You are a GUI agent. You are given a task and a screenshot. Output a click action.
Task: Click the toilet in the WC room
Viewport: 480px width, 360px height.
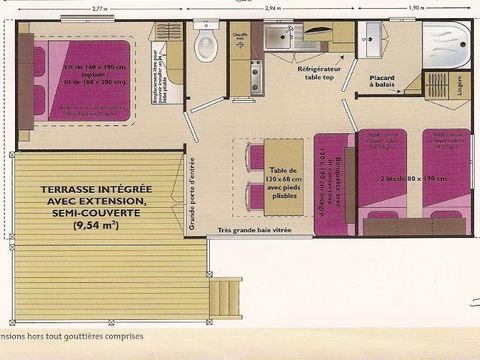pyautogui.click(x=206, y=43)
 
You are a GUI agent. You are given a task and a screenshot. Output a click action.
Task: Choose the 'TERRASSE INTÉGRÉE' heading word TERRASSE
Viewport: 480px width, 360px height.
pyautogui.click(x=76, y=189)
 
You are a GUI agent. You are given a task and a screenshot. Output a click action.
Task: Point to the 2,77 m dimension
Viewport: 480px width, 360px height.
pyautogui.click(x=96, y=7)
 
